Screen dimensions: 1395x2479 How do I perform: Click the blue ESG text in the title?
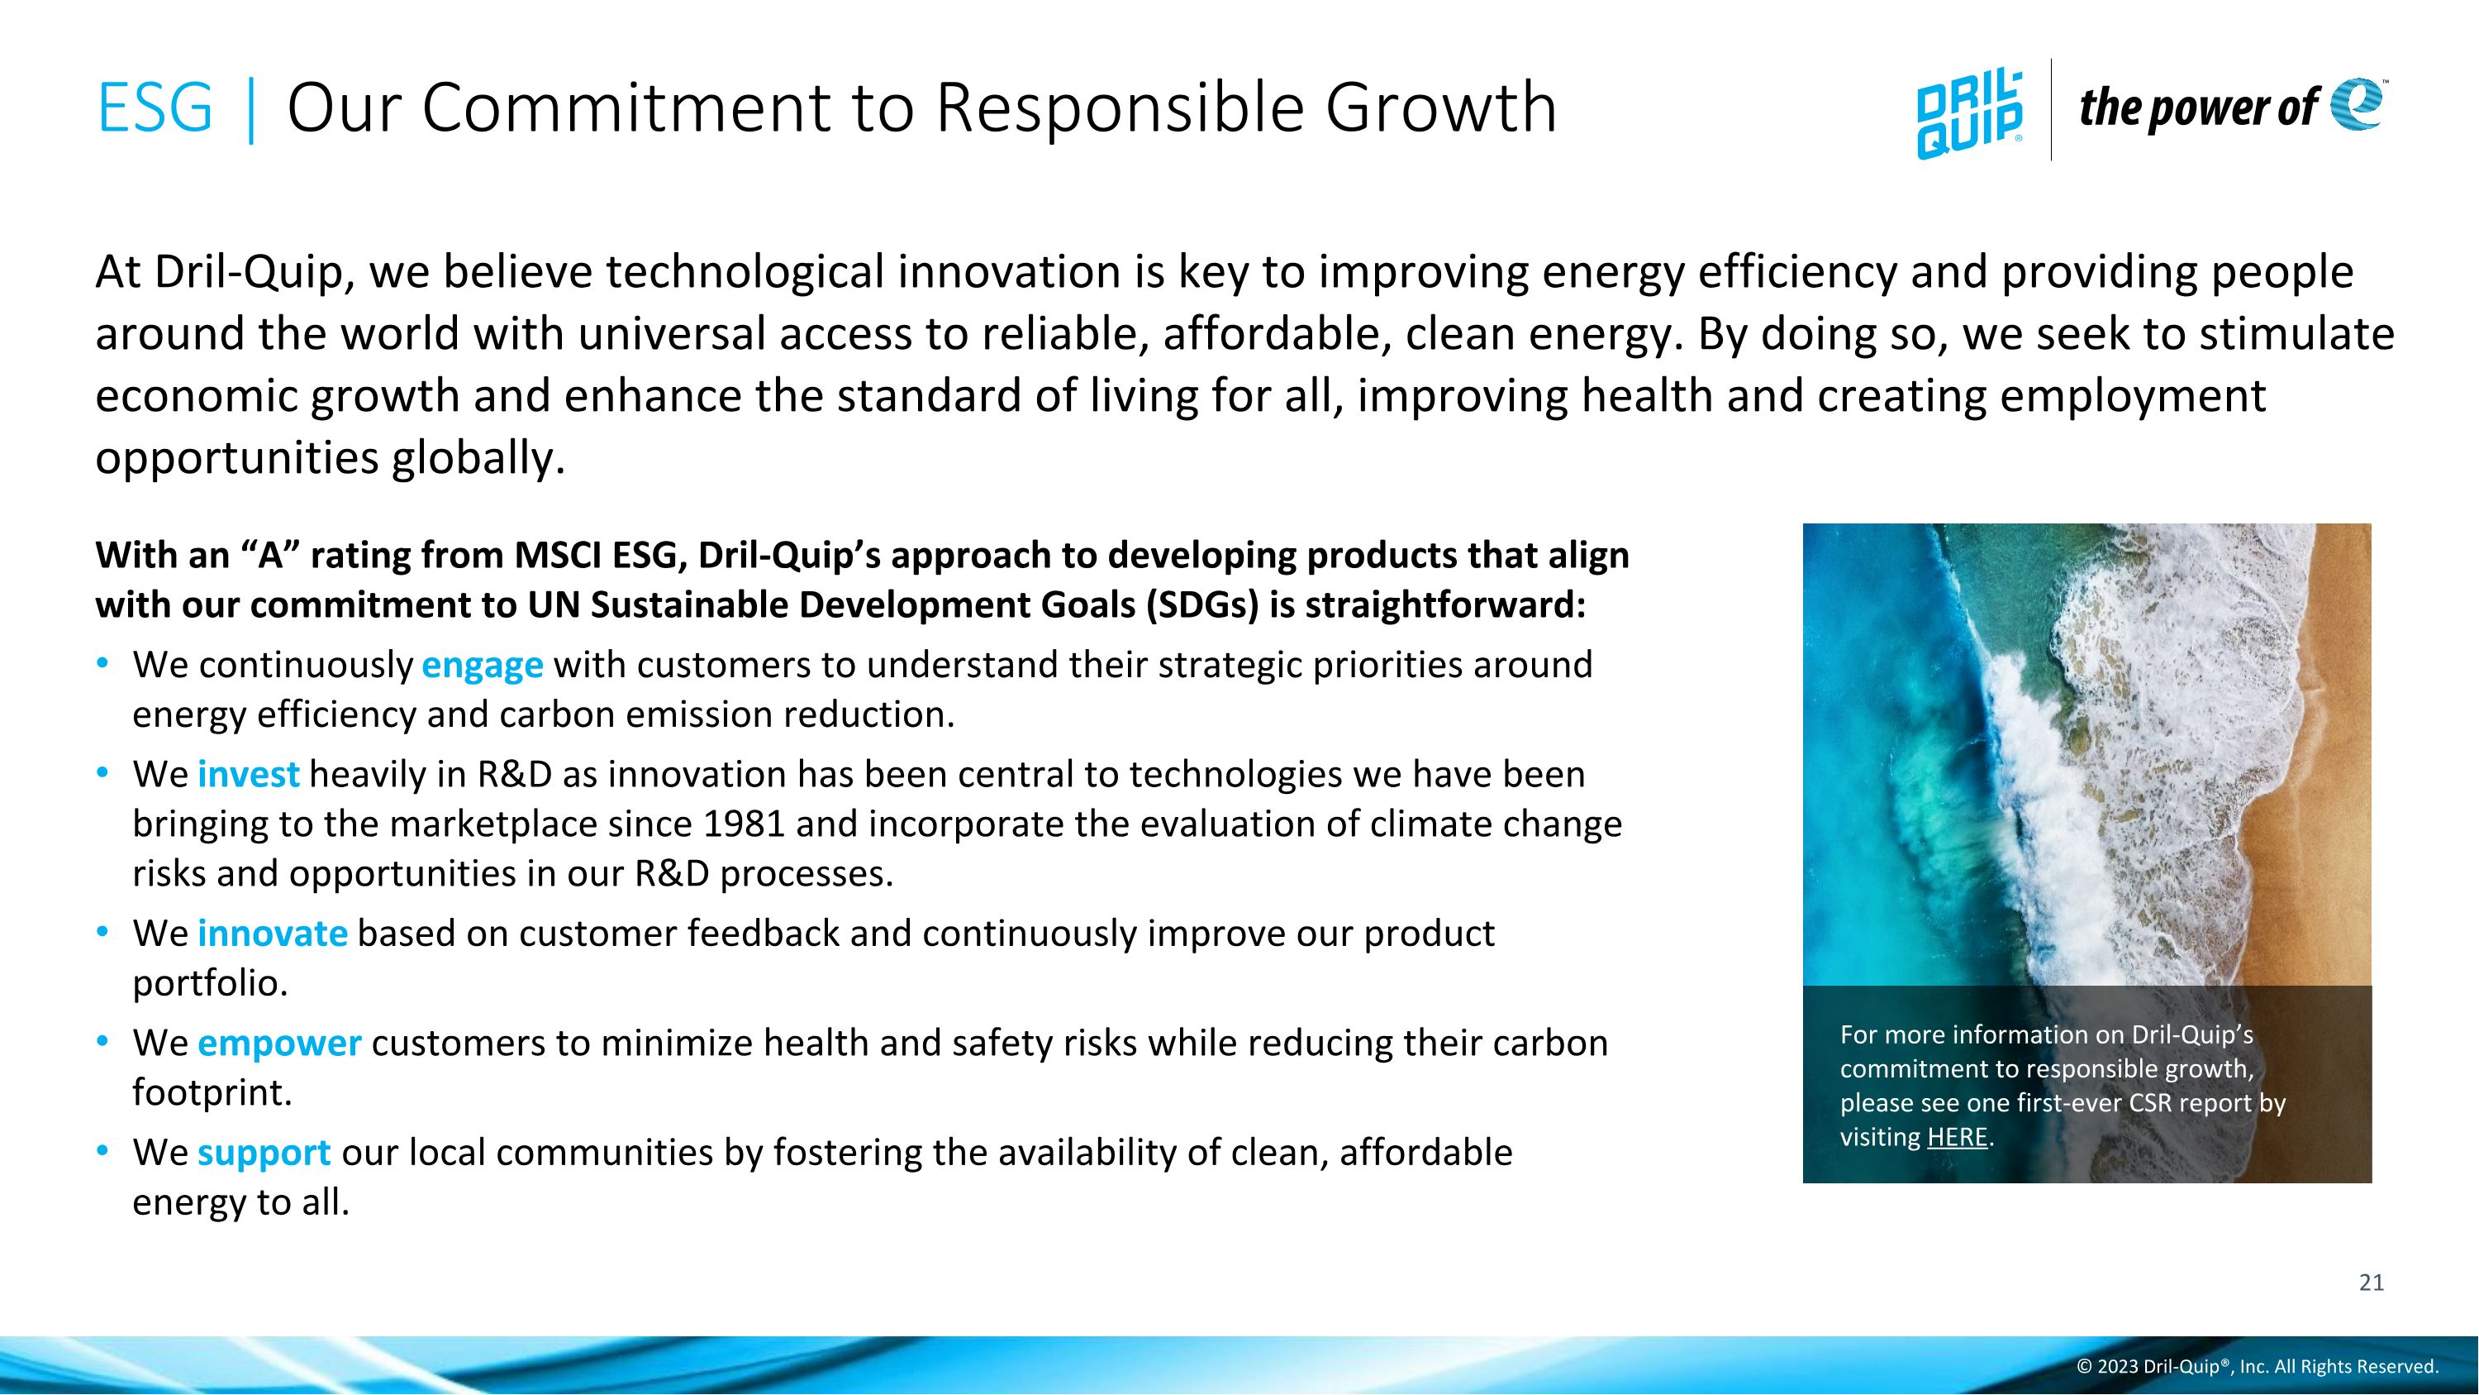point(154,107)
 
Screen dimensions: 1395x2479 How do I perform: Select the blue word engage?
point(482,665)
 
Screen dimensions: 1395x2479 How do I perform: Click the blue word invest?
point(248,775)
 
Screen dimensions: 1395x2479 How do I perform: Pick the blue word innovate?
point(273,934)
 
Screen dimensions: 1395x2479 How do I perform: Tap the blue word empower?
point(279,1044)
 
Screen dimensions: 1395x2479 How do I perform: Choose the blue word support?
point(264,1153)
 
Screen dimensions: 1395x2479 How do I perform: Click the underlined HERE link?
point(1957,1137)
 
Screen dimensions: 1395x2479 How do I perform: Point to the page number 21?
point(2372,1283)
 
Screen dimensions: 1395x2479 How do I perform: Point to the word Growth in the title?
point(1440,107)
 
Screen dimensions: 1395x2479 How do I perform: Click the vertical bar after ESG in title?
point(251,109)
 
